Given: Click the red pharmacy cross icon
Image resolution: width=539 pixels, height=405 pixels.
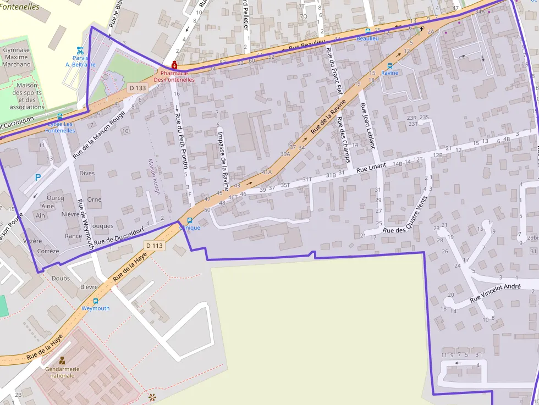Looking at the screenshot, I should pos(174,65).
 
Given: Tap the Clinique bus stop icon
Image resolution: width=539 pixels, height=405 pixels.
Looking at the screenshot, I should pos(190,220).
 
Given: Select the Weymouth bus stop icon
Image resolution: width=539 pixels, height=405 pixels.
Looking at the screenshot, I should pos(96,301).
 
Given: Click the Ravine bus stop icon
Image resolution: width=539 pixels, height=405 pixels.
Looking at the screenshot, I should pos(389,66).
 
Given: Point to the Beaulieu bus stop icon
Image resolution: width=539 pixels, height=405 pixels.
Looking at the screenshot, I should pos(367,31).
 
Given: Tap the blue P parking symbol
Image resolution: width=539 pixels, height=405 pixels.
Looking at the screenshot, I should pos(37,177).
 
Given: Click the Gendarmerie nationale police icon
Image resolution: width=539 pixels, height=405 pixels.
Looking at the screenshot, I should pos(62,361).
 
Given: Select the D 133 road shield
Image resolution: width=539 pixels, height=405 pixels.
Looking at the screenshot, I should pos(137,88).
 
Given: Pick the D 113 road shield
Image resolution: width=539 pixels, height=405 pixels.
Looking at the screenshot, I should pos(155,246).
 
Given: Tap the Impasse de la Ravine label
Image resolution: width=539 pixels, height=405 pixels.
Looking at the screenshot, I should pos(224,152).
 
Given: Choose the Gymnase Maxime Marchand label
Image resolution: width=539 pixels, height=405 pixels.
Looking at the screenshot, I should pos(16,57).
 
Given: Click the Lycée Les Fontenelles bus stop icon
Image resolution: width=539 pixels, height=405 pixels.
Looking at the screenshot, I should pos(59,116).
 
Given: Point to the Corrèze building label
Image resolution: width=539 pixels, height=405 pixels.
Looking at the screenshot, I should pos(48,251).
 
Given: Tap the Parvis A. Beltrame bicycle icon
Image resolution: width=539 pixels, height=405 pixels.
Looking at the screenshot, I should pos(80,50).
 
